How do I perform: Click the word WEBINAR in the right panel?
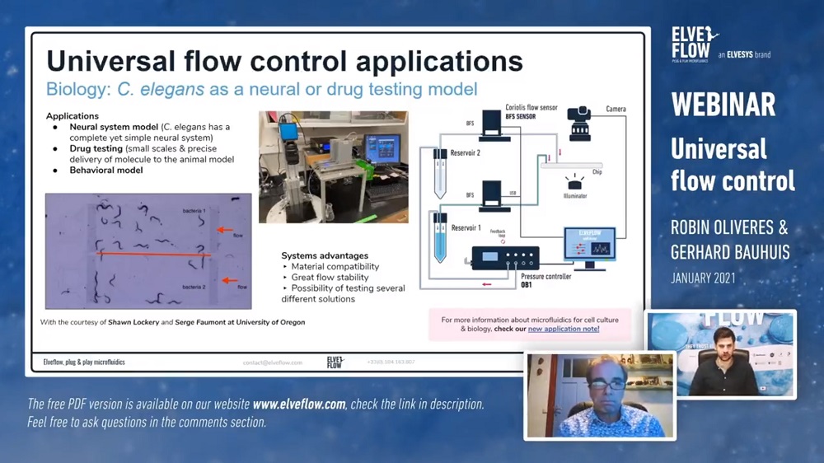coord(723,105)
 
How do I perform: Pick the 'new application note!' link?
coord(564,329)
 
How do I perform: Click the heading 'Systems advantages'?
coord(325,255)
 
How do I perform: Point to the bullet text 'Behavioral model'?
coord(105,171)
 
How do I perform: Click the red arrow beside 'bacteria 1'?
coord(225,231)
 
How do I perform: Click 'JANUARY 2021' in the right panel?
coord(703,278)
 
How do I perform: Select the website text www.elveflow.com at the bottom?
coord(299,405)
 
